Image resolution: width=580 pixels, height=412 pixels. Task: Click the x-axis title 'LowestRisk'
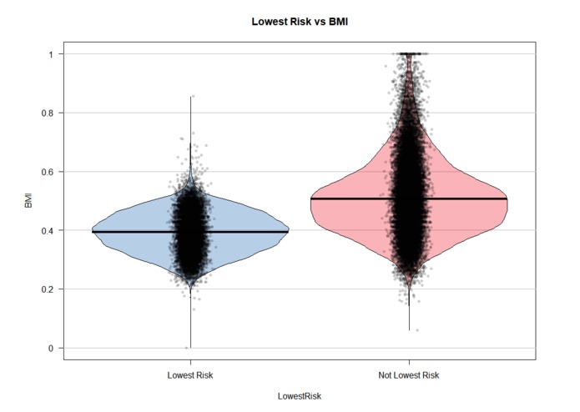pos(300,396)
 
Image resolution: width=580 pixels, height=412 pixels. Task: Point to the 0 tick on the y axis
pos(49,348)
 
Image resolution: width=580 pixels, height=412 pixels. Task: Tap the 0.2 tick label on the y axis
pos(46,289)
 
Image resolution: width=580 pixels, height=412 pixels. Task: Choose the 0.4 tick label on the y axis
pos(46,230)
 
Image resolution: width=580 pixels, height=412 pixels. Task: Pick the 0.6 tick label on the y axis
pos(46,172)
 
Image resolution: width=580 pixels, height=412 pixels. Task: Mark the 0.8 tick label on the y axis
pos(46,113)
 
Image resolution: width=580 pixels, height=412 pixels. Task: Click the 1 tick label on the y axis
pos(49,54)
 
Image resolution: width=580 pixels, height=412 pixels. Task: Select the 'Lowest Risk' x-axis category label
pos(190,376)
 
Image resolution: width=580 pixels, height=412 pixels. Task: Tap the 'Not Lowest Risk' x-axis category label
pos(409,376)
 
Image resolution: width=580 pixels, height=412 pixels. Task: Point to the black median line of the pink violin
pos(467,198)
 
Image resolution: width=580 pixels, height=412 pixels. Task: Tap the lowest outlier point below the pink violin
pos(417,330)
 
